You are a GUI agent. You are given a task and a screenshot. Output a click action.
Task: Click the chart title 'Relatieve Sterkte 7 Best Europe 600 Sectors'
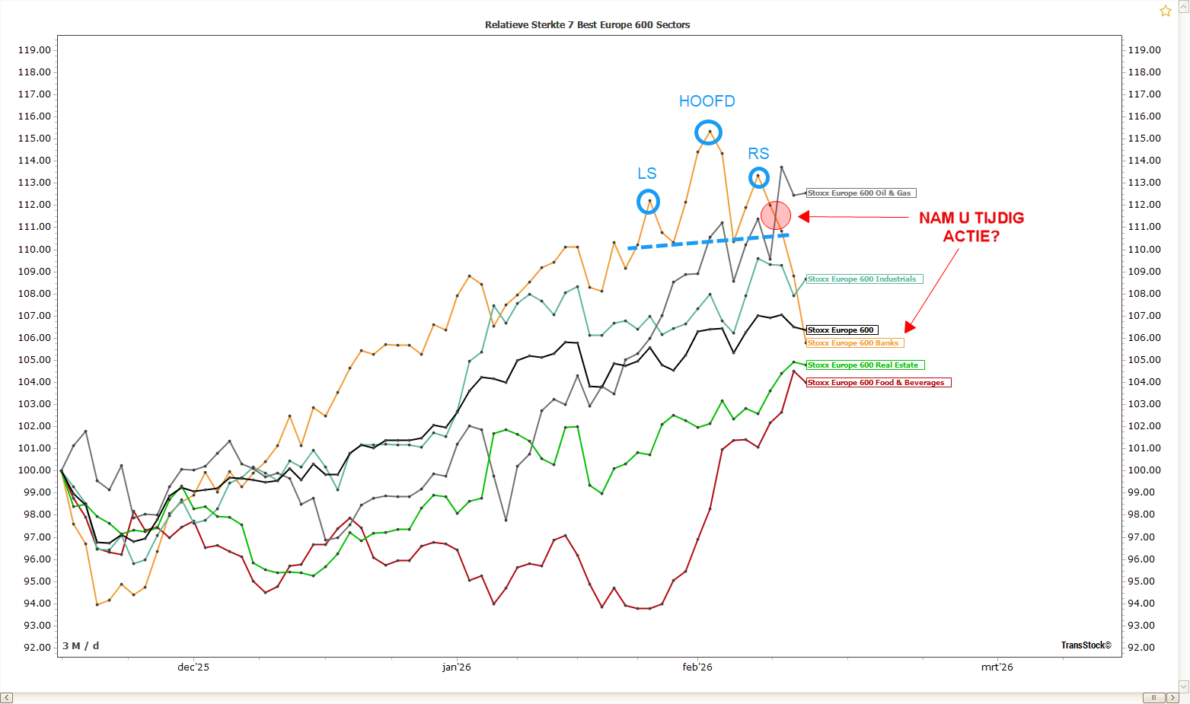(587, 25)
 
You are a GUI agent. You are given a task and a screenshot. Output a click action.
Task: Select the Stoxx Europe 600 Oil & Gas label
(860, 193)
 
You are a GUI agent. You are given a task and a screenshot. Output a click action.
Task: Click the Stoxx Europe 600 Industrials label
(864, 279)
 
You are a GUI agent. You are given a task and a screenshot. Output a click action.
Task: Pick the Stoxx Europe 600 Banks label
(854, 343)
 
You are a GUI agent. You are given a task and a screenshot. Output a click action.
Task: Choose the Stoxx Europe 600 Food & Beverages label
(878, 383)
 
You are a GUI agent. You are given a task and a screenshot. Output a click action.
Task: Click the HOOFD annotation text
(707, 101)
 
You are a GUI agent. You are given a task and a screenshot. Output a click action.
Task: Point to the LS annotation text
(647, 174)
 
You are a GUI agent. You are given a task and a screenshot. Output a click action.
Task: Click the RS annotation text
(758, 154)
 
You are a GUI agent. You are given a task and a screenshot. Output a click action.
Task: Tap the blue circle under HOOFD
(709, 133)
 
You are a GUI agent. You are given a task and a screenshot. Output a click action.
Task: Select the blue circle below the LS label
(648, 202)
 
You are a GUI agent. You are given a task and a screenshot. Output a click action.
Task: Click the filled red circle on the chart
(776, 215)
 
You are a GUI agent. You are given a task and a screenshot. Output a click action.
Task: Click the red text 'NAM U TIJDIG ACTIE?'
(971, 227)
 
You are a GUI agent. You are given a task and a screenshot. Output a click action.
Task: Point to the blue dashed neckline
(708, 241)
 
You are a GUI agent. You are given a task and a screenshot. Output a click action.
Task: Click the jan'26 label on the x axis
(456, 667)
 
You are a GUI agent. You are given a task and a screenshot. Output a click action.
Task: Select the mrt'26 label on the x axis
(997, 667)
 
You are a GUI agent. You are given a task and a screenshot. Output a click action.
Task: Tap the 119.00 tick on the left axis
(34, 50)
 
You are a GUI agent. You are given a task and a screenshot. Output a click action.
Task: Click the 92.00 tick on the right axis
(1144, 648)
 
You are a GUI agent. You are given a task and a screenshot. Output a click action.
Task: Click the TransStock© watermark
(1086, 645)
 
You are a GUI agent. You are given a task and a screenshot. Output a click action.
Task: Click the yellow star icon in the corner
(1165, 11)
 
